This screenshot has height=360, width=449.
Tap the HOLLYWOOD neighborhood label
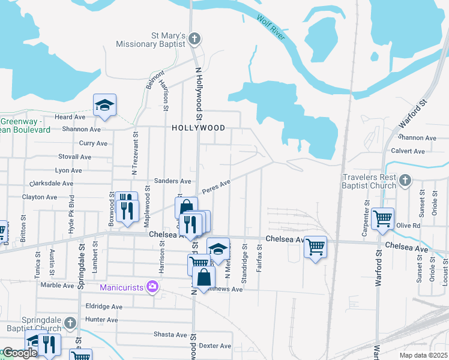pyautogui.click(x=198, y=128)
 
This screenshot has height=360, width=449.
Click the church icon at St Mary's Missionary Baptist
pyautogui.click(x=193, y=39)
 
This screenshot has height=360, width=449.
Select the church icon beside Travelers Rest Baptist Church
pyautogui.click(x=405, y=180)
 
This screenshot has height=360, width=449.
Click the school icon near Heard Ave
pyautogui.click(x=104, y=105)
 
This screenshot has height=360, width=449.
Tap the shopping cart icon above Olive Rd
pyautogui.click(x=382, y=219)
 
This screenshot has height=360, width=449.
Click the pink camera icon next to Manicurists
pyautogui.click(x=152, y=286)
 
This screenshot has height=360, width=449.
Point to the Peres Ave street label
pyautogui.click(x=217, y=187)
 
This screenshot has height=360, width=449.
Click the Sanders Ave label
pyautogui.click(x=172, y=181)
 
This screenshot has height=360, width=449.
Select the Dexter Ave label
pyautogui.click(x=215, y=346)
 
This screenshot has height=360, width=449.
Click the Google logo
pyautogui.click(x=19, y=353)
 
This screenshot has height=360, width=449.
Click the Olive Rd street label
pyautogui.click(x=408, y=226)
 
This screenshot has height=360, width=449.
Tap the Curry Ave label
pyautogui.click(x=93, y=143)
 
